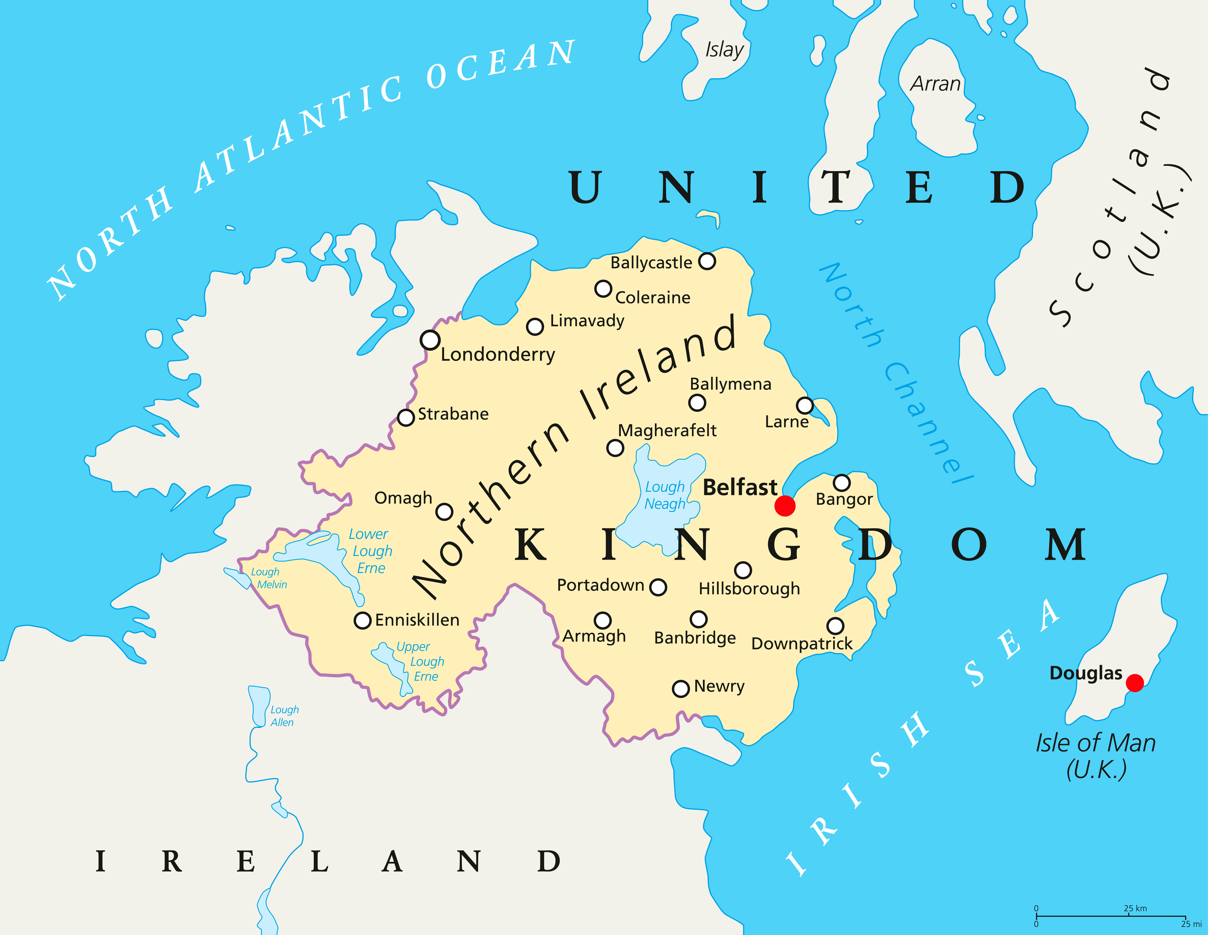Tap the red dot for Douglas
1134,683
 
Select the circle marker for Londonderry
430,340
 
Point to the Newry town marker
680,688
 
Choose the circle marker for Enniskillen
362,620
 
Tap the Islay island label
724,50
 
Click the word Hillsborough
749,589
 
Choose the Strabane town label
453,414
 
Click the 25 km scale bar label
1135,908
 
